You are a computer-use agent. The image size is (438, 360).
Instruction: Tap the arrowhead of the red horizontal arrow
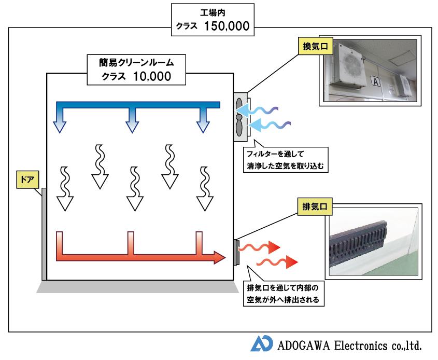pyautogui.click(x=220, y=257)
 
